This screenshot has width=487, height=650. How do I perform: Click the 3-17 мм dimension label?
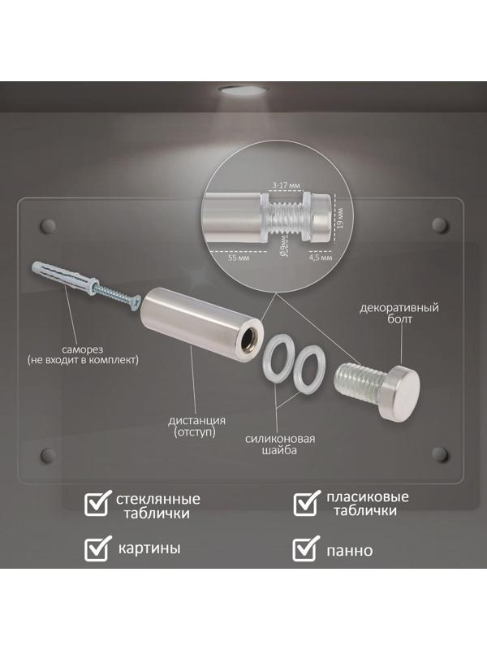pyautogui.click(x=286, y=185)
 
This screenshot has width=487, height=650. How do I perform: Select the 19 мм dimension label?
pyautogui.click(x=340, y=218)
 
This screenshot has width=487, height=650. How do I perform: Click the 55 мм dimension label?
pyautogui.click(x=239, y=258)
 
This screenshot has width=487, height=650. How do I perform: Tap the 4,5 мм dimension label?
pyautogui.click(x=321, y=258)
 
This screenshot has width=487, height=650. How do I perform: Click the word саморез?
pyautogui.click(x=83, y=349)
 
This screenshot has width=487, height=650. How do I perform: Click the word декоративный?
pyautogui.click(x=399, y=309)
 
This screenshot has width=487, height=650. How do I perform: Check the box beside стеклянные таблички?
pyautogui.click(x=97, y=503)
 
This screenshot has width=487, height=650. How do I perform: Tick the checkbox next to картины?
pyautogui.click(x=97, y=548)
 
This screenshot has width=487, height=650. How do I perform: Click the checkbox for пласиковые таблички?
pyautogui.click(x=307, y=503)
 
